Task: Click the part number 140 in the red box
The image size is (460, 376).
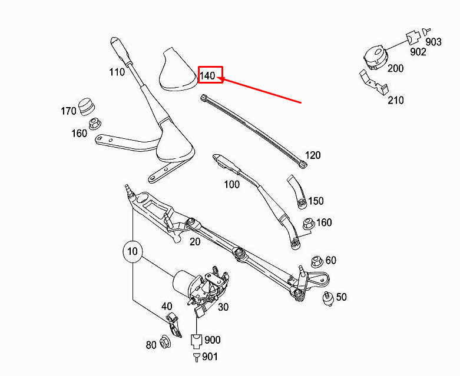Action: tap(207, 76)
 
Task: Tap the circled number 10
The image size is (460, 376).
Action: tap(133, 251)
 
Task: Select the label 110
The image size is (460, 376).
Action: tap(117, 72)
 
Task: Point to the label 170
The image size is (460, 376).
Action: tap(68, 111)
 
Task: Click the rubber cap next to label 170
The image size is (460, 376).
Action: tap(87, 107)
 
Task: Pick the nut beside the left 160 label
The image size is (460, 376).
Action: tap(94, 123)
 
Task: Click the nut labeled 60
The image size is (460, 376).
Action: tap(316, 261)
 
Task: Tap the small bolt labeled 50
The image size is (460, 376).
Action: tap(328, 298)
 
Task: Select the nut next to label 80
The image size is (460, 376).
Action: tap(164, 342)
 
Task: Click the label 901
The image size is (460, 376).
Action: tap(210, 357)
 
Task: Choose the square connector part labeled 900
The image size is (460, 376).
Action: tap(196, 340)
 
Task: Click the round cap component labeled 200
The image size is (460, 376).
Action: tap(375, 57)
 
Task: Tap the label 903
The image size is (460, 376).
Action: tap(433, 42)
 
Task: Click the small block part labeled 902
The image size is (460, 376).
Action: tap(413, 37)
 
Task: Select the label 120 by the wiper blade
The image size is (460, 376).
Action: tap(313, 155)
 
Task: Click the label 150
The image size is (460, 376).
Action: tap(316, 201)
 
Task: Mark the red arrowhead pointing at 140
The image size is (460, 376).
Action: tap(221, 78)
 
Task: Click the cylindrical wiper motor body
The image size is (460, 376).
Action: tap(183, 282)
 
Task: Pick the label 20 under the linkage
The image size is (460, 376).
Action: tap(195, 242)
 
